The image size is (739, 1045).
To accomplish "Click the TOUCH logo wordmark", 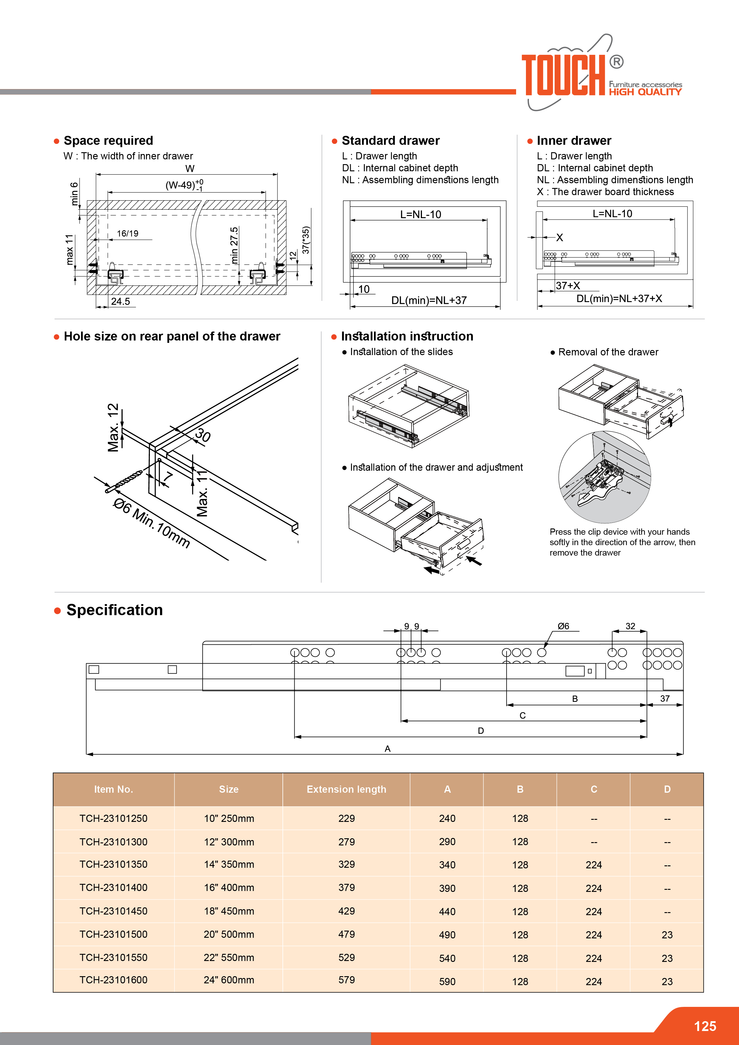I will pos(563,75).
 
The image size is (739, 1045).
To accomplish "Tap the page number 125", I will pos(705,1026).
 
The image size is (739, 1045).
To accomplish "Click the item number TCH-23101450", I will pos(113,911).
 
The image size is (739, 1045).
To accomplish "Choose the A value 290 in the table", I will pos(447,842).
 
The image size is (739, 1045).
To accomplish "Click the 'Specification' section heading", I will pos(114,610).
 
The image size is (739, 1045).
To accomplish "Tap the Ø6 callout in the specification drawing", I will pos(563,626).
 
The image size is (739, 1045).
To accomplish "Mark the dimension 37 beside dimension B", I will pos(665,698).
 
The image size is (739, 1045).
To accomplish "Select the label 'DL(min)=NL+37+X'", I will pos(619,298).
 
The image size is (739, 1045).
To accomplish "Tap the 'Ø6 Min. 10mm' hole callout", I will pos(152,523).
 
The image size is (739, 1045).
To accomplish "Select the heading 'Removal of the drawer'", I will pos(608,352).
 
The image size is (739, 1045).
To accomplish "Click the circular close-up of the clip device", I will pos(604,477).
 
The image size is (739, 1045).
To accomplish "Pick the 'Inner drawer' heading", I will pos(574,141).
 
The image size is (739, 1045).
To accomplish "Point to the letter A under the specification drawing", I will pos(387,749).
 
